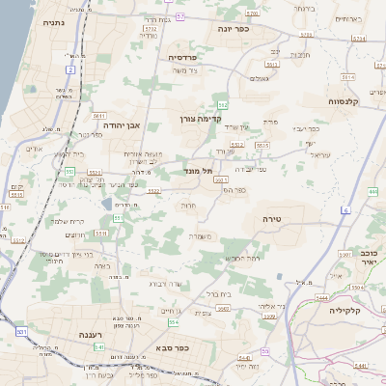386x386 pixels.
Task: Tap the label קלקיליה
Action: [x=344, y=311]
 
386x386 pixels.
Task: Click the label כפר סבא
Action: [x=171, y=347]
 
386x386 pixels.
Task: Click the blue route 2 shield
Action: [x=70, y=69]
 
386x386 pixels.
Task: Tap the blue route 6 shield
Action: [x=345, y=209]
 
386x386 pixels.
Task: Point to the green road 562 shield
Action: [x=223, y=104]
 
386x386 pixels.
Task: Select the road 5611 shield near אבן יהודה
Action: [x=99, y=116]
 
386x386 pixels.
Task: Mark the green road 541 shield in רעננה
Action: [x=99, y=345]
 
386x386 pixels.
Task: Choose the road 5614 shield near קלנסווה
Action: [x=359, y=39]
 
